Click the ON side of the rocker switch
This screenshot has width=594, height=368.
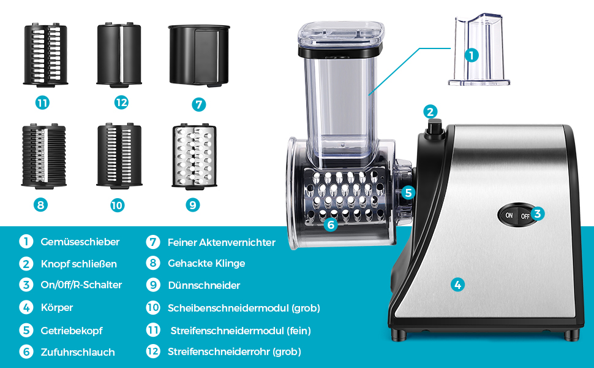tap(509, 215)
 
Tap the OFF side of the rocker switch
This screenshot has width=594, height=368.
tap(525, 216)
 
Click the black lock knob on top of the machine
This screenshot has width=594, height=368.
tap(435, 129)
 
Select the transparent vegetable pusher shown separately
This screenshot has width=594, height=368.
tap(479, 50)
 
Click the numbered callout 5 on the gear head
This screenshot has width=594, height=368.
tap(408, 193)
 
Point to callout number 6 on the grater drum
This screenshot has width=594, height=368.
tap(331, 224)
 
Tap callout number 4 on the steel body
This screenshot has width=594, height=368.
tap(457, 285)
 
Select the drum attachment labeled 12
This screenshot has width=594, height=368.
tap(119, 55)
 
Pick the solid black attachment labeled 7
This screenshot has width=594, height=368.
tap(199, 55)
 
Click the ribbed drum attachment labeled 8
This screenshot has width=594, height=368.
tap(44, 156)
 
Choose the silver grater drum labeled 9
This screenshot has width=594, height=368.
tap(194, 156)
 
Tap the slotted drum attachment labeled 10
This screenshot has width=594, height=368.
tap(119, 156)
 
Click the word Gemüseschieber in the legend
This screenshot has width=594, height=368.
tap(80, 242)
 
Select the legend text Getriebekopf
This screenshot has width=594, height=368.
tap(72, 331)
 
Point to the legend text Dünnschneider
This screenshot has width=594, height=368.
tap(204, 285)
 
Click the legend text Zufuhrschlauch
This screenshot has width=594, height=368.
tap(78, 352)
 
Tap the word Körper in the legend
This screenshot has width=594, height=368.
tap(57, 307)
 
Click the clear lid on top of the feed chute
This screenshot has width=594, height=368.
tap(341, 34)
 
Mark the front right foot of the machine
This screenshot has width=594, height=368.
tap(571, 334)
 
